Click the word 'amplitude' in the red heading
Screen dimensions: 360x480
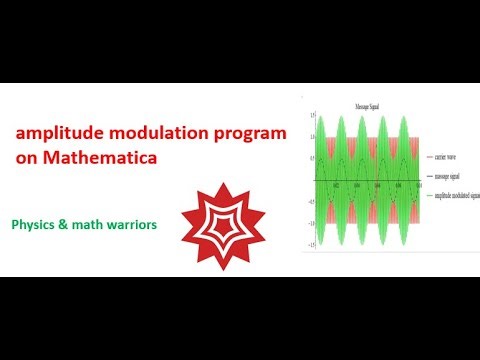tap(54, 133)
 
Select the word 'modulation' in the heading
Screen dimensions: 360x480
tap(148, 133)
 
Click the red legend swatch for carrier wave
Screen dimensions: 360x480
tap(428, 157)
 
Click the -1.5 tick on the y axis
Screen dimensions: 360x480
tap(311, 244)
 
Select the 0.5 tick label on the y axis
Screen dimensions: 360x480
tap(312, 159)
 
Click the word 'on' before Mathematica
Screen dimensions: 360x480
tap(26, 157)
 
